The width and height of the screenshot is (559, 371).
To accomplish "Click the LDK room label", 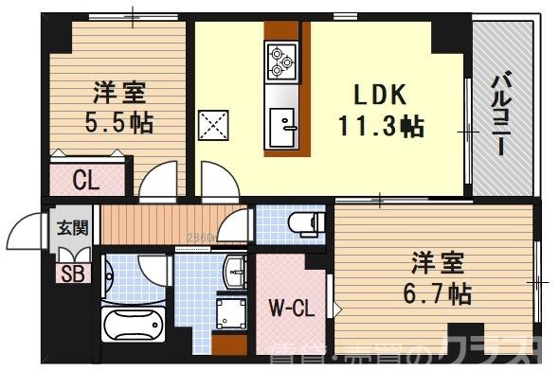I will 380,95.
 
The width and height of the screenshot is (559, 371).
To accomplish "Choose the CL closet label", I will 87,180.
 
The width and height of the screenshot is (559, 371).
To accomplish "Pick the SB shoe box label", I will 70,274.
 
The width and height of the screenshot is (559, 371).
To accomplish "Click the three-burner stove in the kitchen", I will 281,59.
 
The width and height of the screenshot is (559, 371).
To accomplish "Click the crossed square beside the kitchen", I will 212,125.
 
